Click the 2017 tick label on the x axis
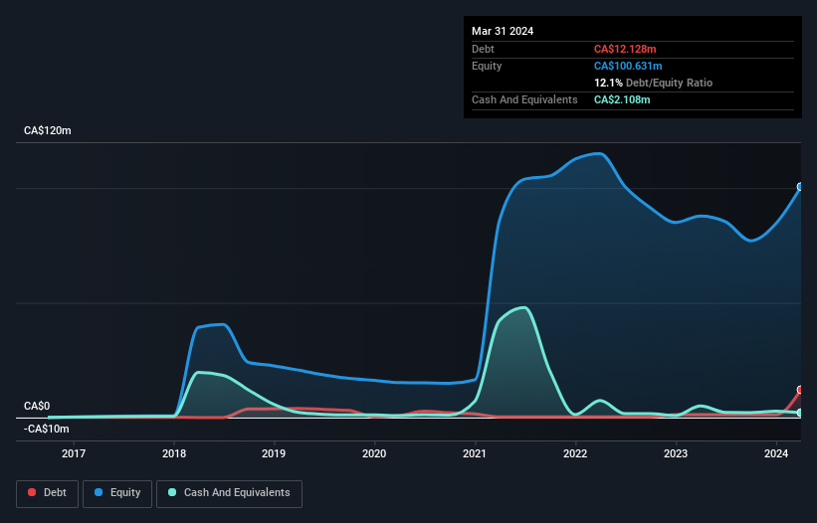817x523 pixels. (73, 454)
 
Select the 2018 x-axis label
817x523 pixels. (173, 454)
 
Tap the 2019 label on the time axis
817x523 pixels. (274, 454)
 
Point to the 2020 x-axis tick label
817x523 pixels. (374, 454)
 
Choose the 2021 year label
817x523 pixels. (475, 454)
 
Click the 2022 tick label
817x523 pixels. (575, 454)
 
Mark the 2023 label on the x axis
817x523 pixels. (676, 454)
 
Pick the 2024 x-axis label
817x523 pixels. (776, 454)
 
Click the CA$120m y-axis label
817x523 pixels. (48, 131)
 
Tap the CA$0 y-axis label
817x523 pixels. (37, 406)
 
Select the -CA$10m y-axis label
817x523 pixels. (47, 429)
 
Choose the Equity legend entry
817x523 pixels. (117, 492)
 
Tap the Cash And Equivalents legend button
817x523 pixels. (229, 492)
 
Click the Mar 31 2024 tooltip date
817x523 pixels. (503, 31)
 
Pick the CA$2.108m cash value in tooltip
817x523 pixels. (623, 99)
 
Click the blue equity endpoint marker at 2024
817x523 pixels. (799, 187)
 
